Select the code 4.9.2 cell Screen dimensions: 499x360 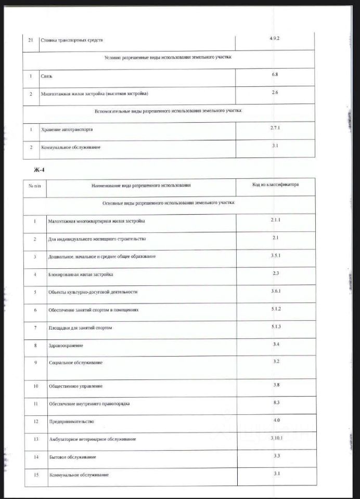click(275, 38)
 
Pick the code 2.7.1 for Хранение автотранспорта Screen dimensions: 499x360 click(275, 127)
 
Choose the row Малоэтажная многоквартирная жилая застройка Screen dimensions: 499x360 click(97, 221)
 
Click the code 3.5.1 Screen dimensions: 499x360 click(275, 255)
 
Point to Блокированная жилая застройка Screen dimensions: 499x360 click(81, 274)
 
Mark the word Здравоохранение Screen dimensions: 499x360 click(66, 346)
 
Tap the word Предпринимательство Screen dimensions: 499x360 click(71, 422)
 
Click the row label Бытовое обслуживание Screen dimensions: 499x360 click(72, 457)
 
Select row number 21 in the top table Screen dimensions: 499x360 click(31, 40)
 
